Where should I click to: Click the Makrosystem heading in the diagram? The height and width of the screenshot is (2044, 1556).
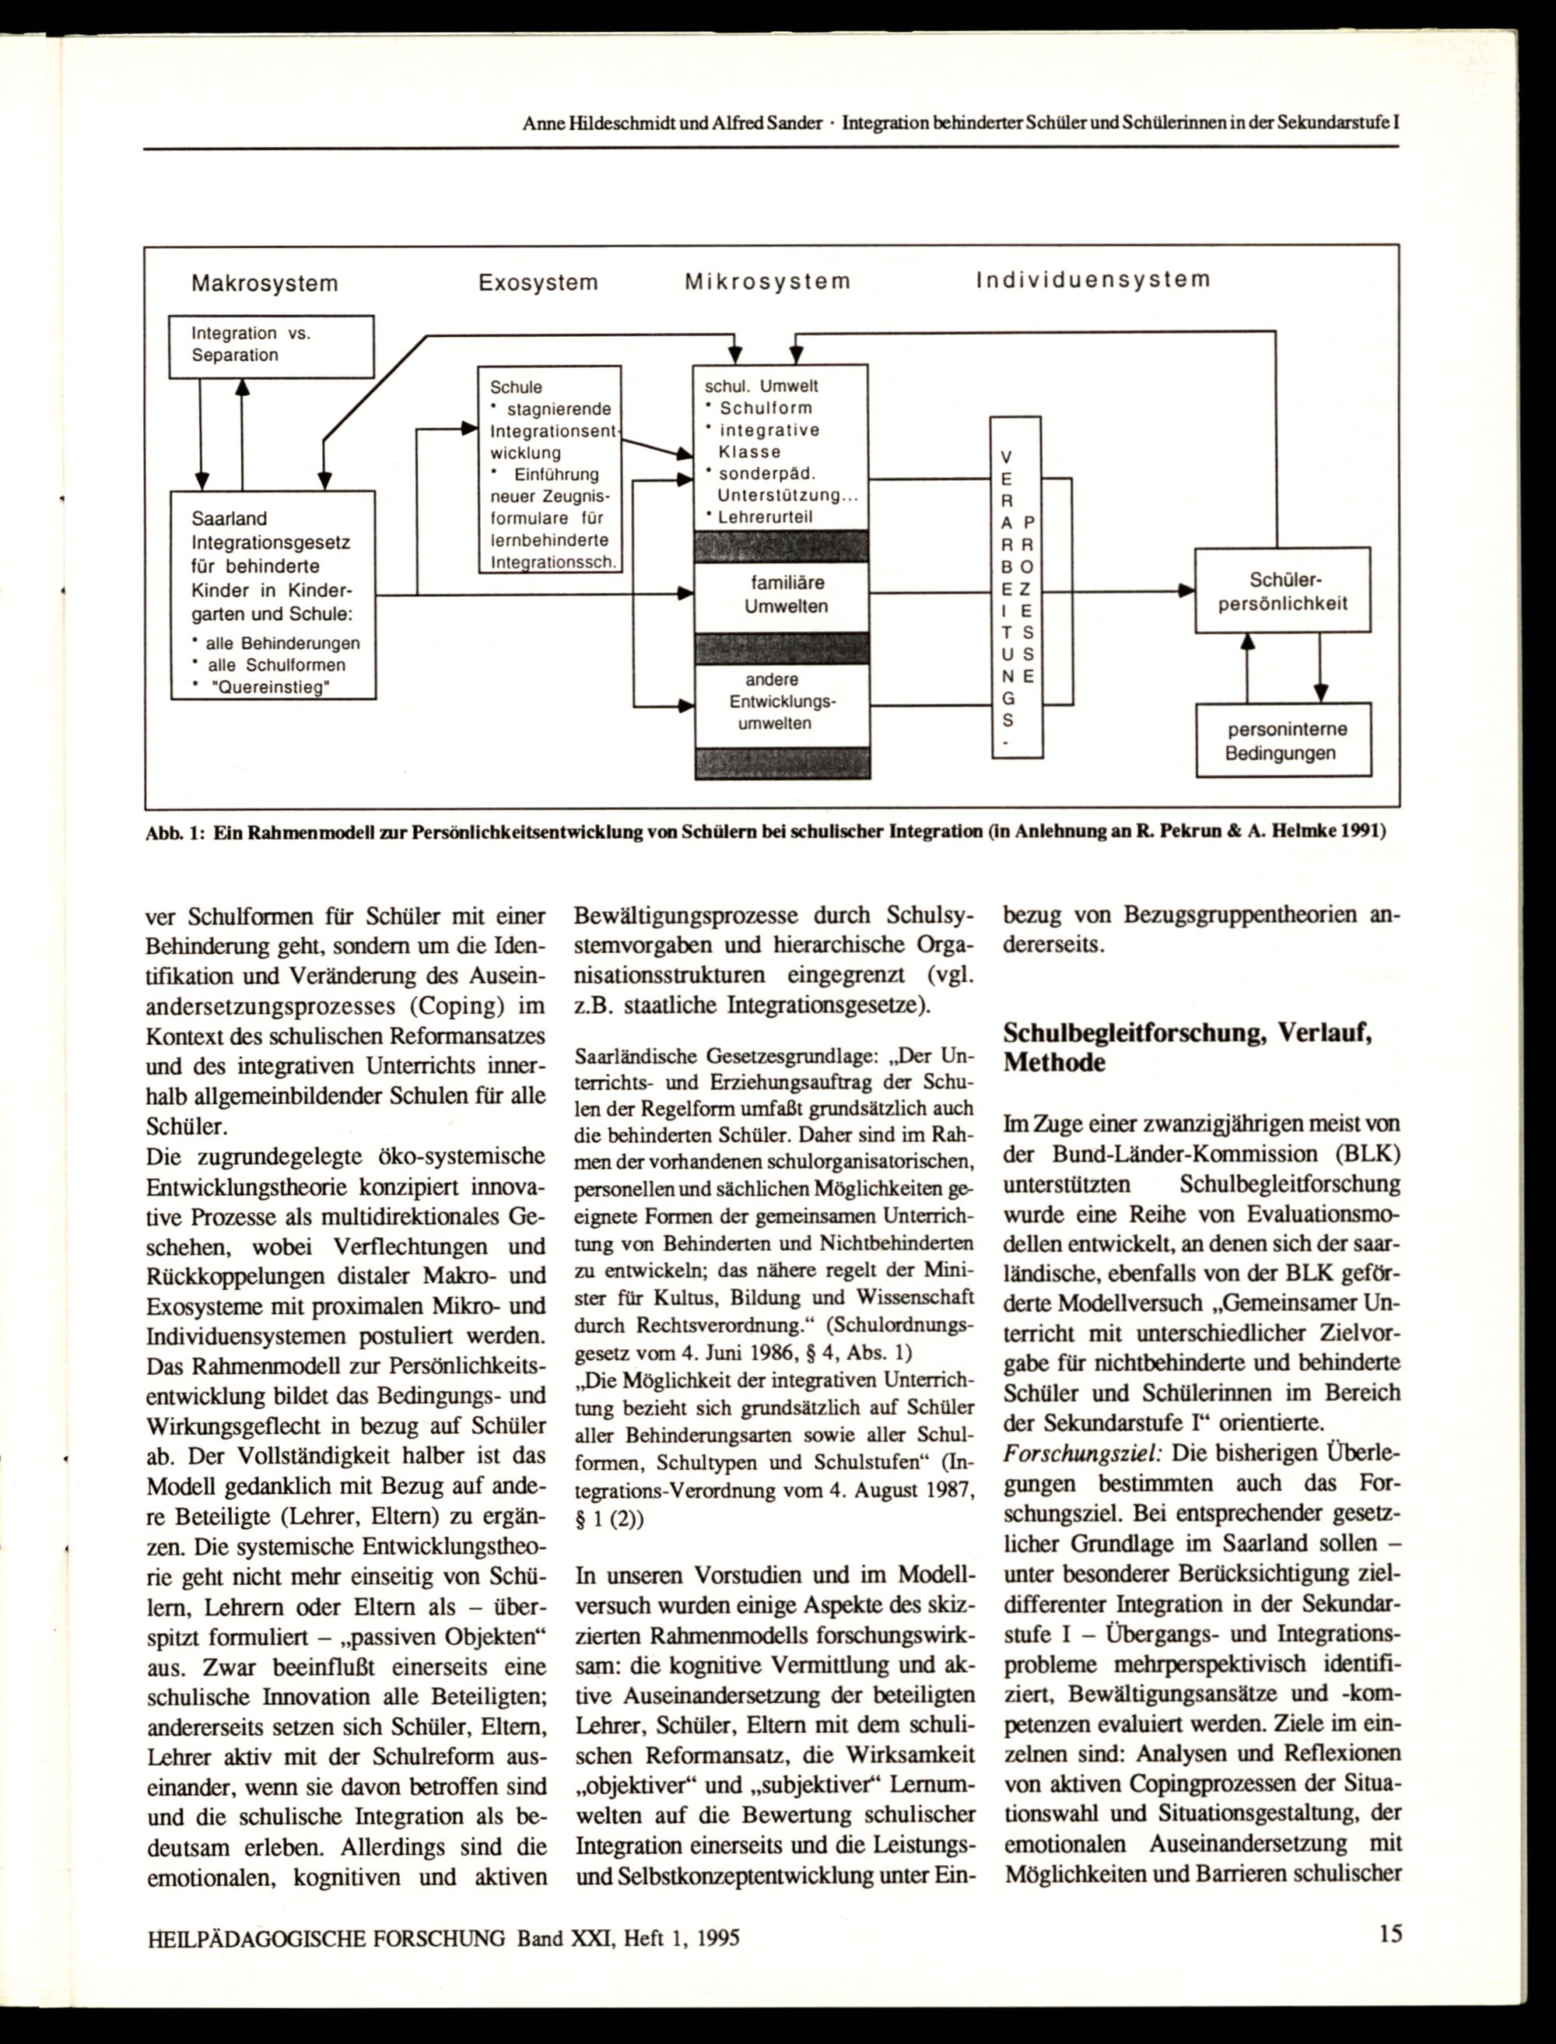(x=264, y=283)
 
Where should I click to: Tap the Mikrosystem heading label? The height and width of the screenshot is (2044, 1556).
(x=767, y=282)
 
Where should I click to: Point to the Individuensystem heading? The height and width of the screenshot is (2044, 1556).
(x=1093, y=279)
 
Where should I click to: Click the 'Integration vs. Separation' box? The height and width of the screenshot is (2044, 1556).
(x=271, y=345)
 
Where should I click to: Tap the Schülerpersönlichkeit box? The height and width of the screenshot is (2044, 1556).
(x=1282, y=591)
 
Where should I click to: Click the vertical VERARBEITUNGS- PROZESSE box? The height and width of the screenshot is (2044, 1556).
(x=1016, y=587)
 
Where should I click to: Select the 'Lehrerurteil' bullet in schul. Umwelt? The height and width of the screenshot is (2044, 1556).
(x=765, y=517)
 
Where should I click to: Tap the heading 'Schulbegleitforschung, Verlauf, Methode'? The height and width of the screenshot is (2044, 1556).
(x=1186, y=1047)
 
